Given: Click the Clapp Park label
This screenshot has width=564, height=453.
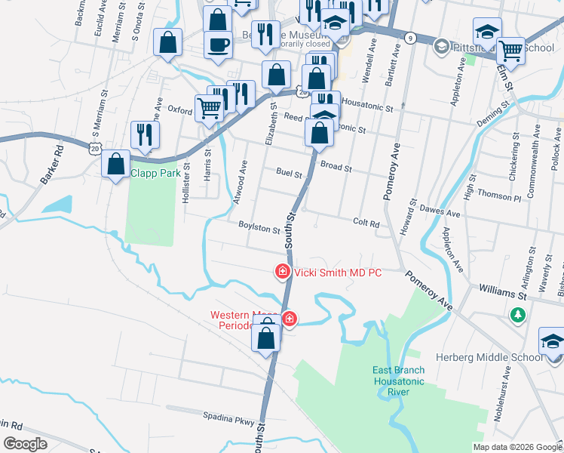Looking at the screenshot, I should [x=155, y=172].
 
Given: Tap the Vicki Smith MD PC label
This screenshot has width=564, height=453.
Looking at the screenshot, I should [x=338, y=273].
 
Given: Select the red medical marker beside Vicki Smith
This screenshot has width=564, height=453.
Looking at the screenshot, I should [x=283, y=270].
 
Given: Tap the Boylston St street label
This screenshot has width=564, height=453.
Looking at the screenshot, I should [x=259, y=227].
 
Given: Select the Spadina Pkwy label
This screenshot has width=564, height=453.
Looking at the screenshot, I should [x=225, y=415].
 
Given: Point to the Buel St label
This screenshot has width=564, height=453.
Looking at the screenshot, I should [x=288, y=173].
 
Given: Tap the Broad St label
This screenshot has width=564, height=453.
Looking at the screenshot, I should [x=336, y=166].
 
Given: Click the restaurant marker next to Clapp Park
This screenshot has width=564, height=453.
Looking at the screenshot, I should [x=142, y=134].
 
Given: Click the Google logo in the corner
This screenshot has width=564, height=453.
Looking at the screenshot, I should [x=25, y=444].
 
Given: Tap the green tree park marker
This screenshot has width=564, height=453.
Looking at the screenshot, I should [x=518, y=315].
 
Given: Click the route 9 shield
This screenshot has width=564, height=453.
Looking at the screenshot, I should [x=409, y=37].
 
